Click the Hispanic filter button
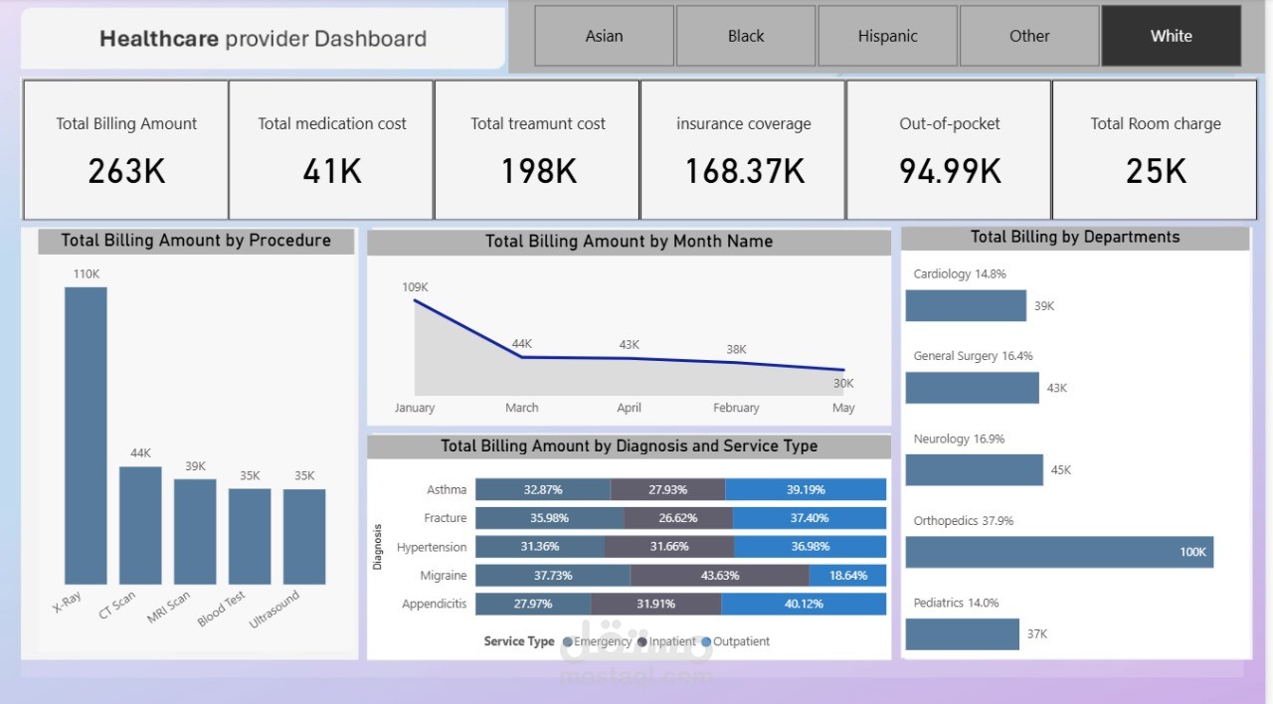887,36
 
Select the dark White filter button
1171,36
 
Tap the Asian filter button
604,36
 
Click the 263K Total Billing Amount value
126,171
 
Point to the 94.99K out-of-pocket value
950,171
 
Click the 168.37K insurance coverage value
744,171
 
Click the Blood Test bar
250,536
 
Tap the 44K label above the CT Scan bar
140,453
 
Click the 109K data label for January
415,287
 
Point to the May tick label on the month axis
843,408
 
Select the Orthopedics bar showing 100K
1059,552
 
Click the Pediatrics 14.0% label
956,603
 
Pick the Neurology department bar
974,469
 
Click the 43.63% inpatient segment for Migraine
719,576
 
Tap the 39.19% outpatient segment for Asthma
806,489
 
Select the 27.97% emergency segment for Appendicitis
533,604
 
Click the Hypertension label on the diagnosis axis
431,547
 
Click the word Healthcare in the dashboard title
159,39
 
